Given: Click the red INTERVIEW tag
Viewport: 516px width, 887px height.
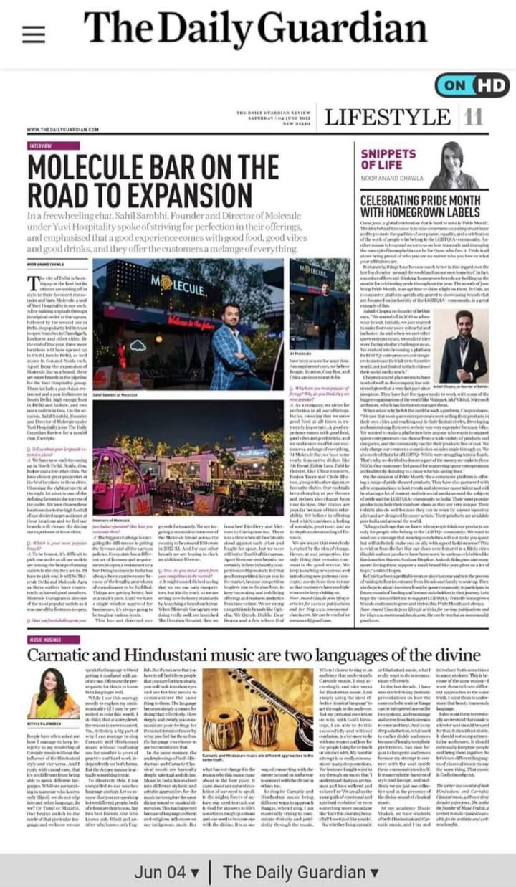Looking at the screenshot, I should tap(42, 146).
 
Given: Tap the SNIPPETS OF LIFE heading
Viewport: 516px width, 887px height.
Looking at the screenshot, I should tap(388, 159).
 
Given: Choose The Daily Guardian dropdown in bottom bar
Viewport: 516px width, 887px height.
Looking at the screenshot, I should tap(300, 873).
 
